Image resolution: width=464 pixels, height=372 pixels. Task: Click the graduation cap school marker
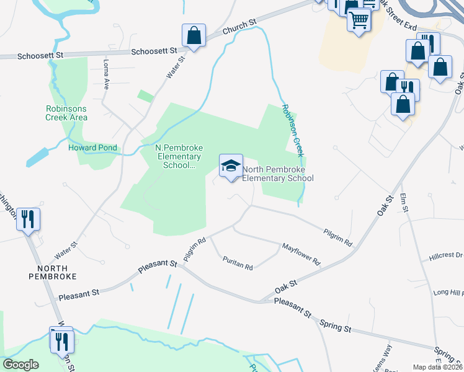tap(231, 166)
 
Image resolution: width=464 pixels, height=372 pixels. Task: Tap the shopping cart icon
tap(359, 20)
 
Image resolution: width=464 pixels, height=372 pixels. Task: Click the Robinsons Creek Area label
tap(66, 113)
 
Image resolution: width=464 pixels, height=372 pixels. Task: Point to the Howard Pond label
tap(91, 148)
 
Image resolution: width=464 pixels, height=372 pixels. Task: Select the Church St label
tap(240, 25)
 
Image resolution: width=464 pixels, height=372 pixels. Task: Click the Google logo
tap(21, 365)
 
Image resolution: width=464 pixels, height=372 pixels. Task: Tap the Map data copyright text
tap(437, 367)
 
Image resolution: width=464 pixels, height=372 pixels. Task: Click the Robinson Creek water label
tap(292, 130)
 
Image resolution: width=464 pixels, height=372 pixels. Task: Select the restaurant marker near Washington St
tap(29, 219)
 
